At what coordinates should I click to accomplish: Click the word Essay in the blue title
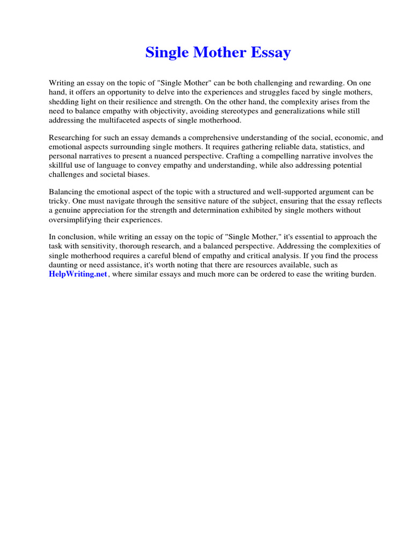click(x=270, y=53)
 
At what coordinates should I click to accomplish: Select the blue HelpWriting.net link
click(x=78, y=274)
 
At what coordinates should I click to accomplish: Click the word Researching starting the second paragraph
click(x=69, y=137)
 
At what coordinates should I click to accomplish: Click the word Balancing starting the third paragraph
click(x=66, y=192)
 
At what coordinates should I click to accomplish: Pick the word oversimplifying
click(x=77, y=219)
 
